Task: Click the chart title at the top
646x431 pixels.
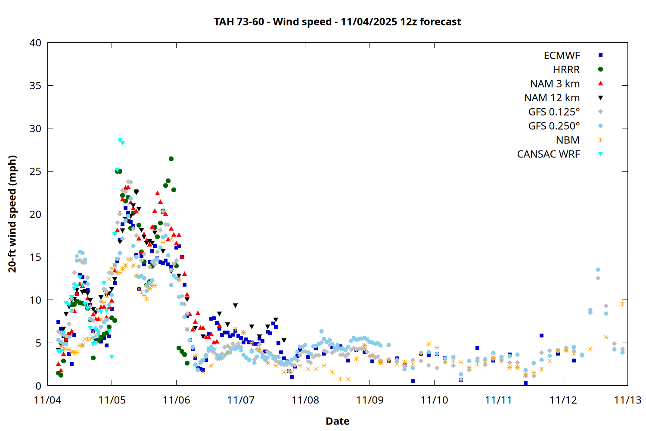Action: (x=337, y=22)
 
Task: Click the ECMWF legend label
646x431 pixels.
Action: (x=562, y=56)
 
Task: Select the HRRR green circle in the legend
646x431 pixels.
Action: (x=600, y=69)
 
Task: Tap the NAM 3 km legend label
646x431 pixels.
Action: (x=555, y=84)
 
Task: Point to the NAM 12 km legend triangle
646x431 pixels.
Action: (x=600, y=98)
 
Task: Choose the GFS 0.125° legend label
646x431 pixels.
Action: (x=554, y=112)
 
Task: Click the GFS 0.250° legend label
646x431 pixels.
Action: (x=554, y=126)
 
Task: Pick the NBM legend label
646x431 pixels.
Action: (x=568, y=140)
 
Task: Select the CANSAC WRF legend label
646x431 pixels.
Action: (x=548, y=154)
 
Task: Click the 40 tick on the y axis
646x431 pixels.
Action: (x=35, y=43)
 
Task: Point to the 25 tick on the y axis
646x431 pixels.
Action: (x=35, y=172)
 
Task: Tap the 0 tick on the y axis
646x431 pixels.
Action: (x=38, y=386)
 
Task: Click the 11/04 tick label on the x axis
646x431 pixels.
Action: (x=47, y=400)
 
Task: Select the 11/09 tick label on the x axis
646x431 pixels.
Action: (x=370, y=400)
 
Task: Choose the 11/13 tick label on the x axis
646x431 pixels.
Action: (x=627, y=400)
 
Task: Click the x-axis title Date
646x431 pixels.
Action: (x=337, y=421)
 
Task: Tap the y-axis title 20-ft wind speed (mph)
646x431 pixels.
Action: (x=12, y=214)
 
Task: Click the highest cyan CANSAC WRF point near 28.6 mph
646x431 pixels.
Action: (x=120, y=141)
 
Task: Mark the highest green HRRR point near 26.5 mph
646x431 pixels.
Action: (x=171, y=159)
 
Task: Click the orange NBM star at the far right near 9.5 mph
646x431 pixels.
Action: (x=622, y=304)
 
